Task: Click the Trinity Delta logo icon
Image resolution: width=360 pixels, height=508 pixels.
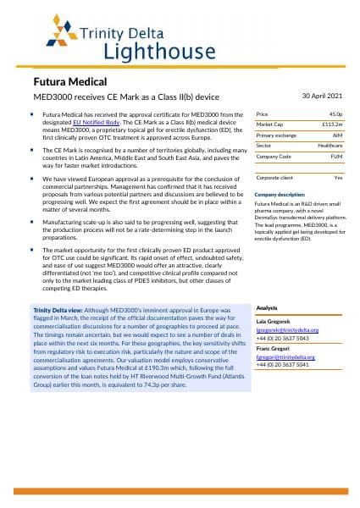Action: [x=46, y=36]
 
